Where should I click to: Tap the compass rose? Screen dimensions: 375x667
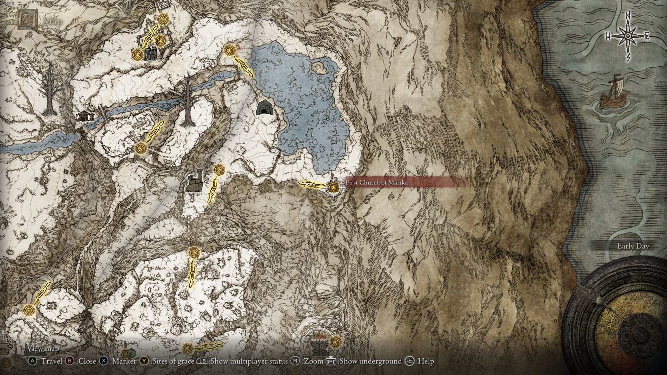pos(628,36)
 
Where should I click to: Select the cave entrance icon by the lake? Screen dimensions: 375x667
pos(264,107)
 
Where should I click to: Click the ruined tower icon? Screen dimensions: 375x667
pos(195,181)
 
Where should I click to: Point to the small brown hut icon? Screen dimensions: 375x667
pos(85,116)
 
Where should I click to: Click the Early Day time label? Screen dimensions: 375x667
pos(633,246)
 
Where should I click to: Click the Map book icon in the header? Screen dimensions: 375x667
pos(25,20)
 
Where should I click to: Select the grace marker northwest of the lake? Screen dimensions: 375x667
pos(229,50)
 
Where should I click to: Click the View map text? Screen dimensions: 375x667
pos(43,348)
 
